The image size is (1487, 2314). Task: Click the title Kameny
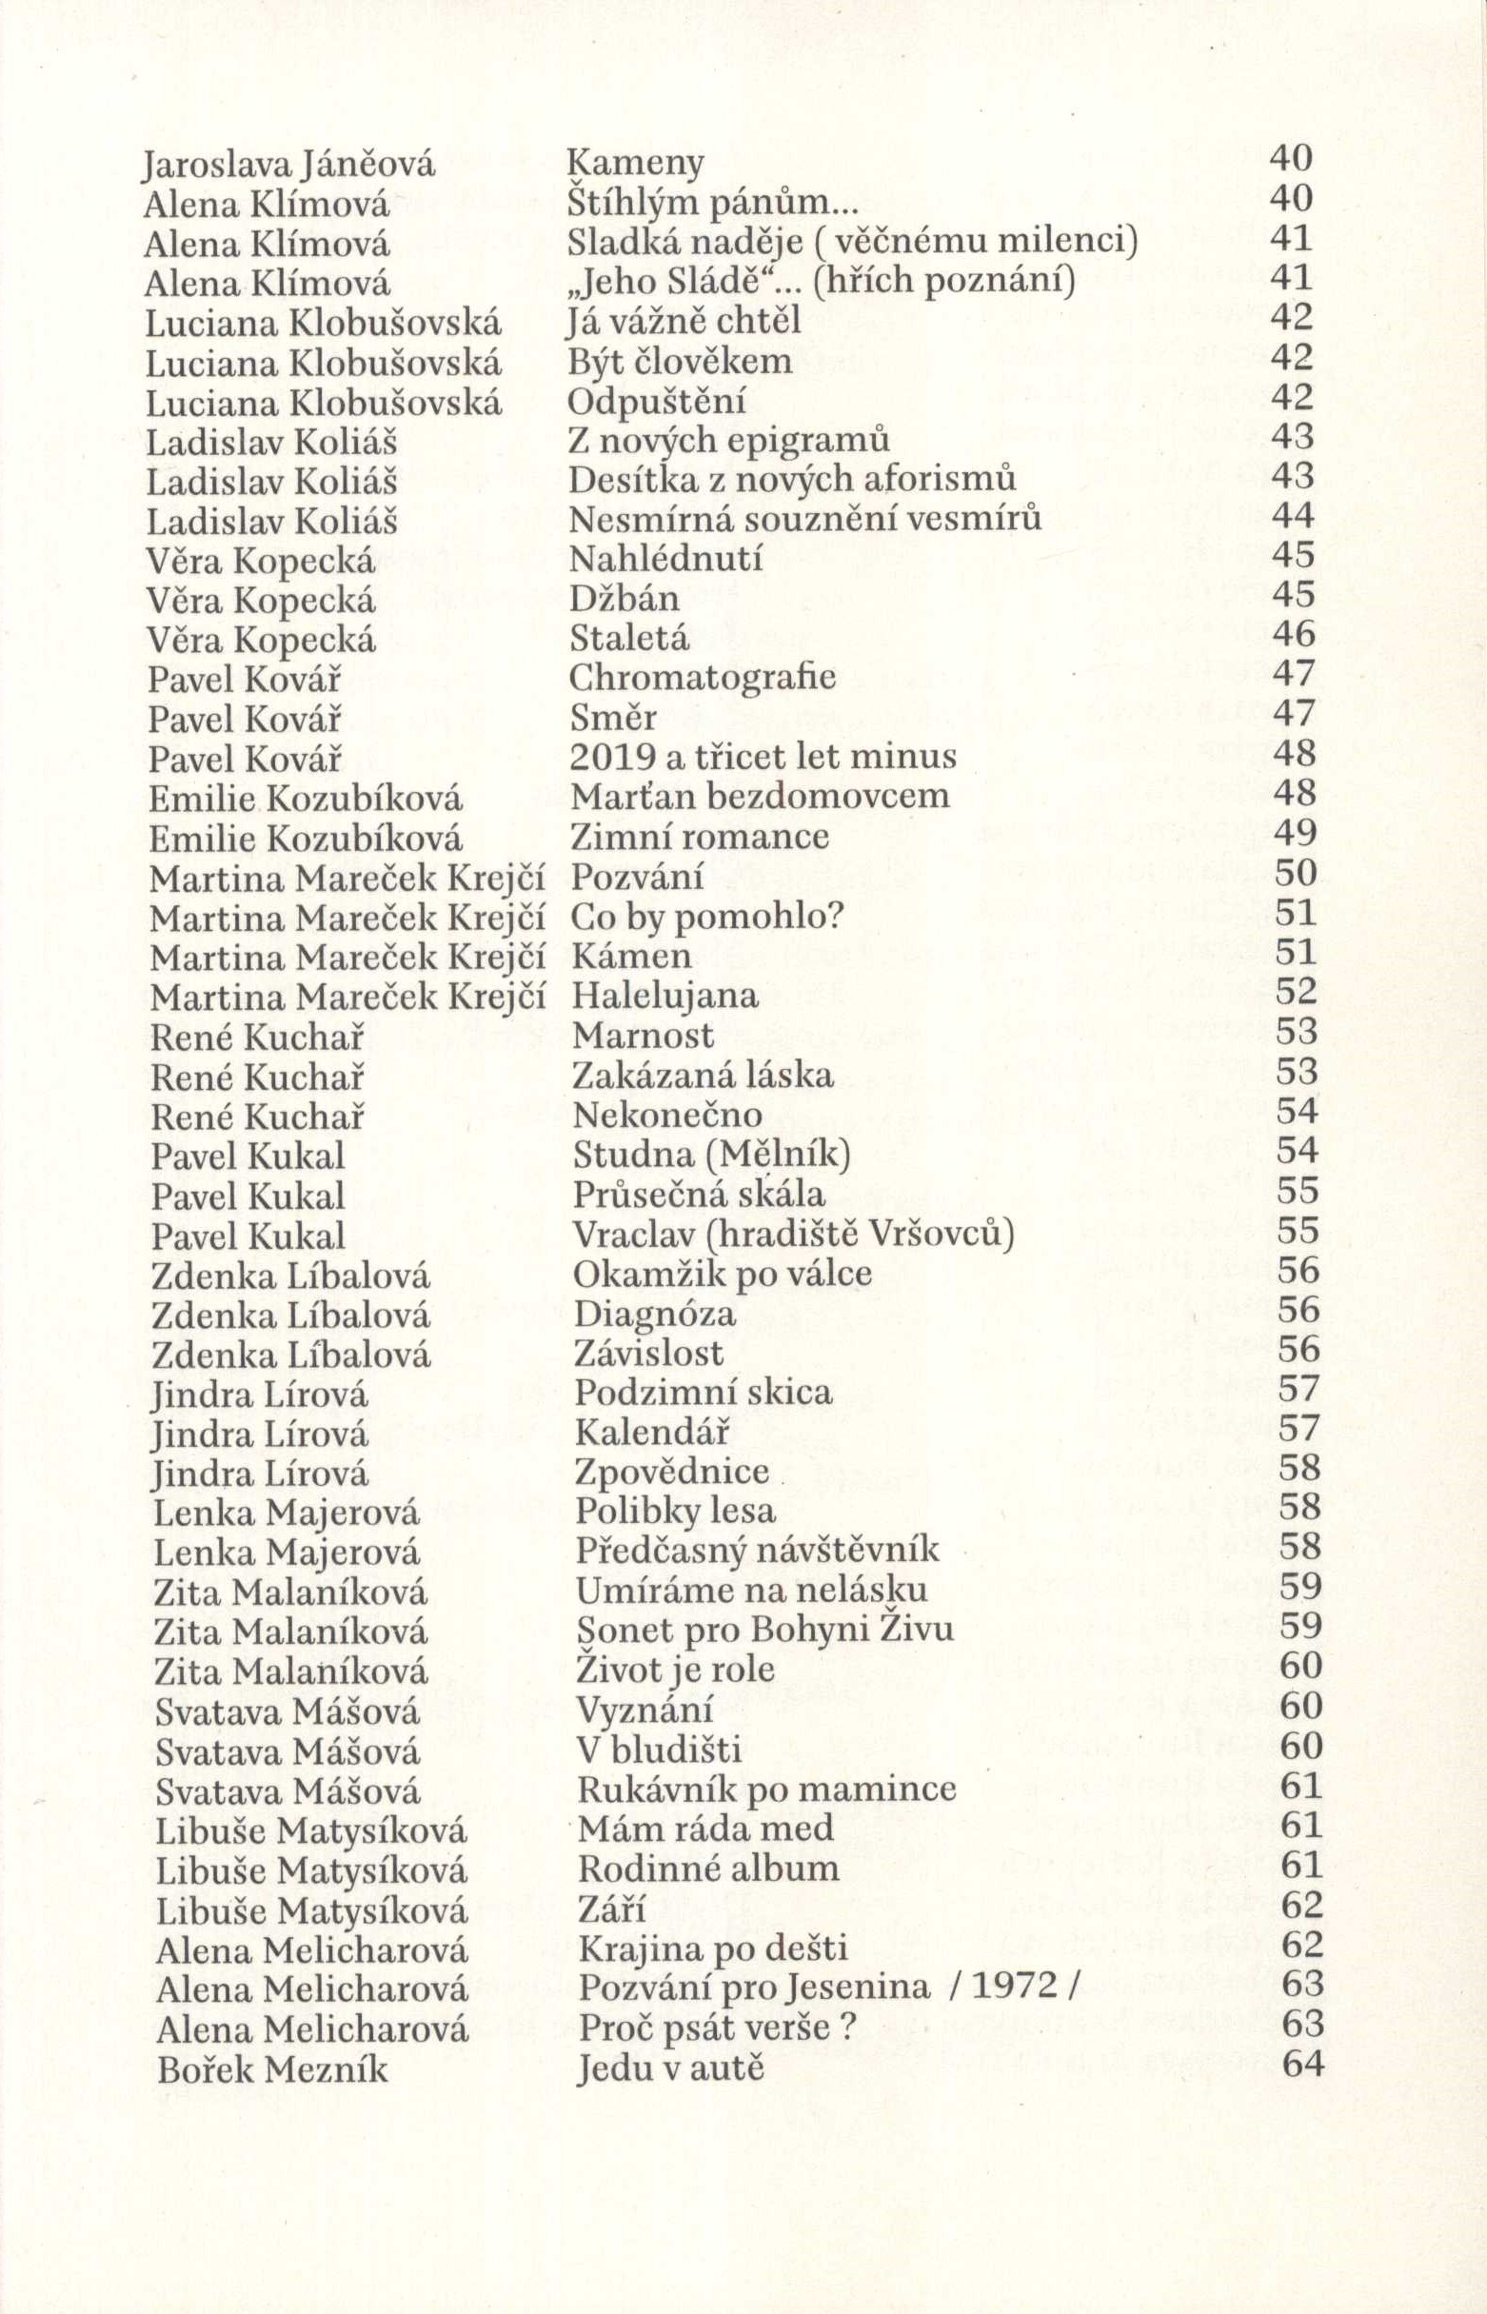point(634,163)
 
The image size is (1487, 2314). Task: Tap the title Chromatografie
point(702,678)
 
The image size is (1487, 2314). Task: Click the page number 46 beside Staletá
point(1294,633)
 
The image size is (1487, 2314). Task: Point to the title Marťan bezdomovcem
point(760,797)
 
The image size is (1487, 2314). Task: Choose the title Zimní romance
point(700,836)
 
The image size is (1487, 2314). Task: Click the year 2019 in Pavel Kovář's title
point(610,756)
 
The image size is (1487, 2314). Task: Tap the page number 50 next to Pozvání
point(1296,874)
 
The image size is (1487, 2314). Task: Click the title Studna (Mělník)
point(712,1155)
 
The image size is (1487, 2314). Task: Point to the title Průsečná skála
point(699,1196)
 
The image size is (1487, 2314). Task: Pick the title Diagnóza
point(655,1314)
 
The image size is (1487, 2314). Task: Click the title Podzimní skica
point(703,1393)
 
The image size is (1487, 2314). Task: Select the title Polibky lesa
point(676,1511)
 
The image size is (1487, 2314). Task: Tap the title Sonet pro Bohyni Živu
point(764,1630)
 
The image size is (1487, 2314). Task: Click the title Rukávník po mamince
point(766,1789)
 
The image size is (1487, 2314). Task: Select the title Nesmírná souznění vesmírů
point(805,520)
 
